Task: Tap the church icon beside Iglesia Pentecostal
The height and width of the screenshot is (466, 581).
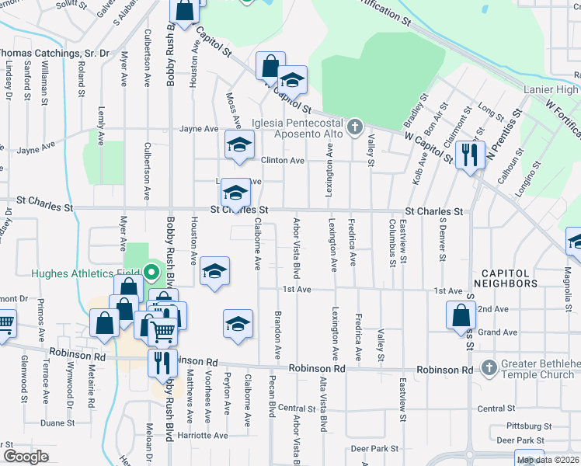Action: (x=355, y=125)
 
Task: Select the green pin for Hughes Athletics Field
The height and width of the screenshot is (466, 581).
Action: (x=152, y=273)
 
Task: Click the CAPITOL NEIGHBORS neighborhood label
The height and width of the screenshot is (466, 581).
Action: (x=510, y=280)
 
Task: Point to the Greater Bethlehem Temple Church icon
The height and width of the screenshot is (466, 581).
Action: (x=489, y=367)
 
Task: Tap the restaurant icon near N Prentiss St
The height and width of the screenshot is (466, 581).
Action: (x=469, y=155)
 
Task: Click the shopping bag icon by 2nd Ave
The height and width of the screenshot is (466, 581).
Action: (x=461, y=315)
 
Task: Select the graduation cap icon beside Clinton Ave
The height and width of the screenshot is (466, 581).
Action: (x=240, y=144)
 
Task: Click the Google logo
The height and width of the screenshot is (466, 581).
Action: (x=26, y=457)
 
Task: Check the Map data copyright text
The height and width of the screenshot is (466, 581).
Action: (x=548, y=460)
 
